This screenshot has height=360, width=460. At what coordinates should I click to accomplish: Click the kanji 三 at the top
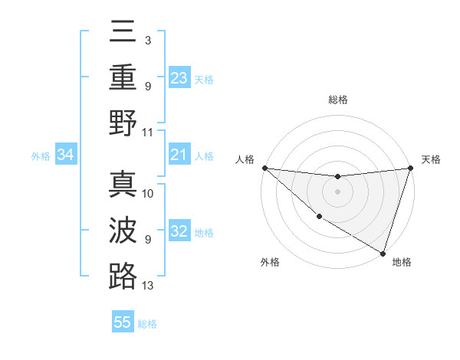(123, 33)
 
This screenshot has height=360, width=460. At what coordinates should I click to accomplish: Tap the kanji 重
(123, 77)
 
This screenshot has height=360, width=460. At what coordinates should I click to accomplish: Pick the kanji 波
(123, 231)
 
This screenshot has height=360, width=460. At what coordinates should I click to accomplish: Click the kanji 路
(123, 276)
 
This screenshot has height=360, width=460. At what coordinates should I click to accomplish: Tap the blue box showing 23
(179, 78)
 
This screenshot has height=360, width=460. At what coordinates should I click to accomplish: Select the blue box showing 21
(179, 155)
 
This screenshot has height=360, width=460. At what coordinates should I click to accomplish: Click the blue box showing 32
(179, 232)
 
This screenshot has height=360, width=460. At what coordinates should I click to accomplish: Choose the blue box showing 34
(66, 155)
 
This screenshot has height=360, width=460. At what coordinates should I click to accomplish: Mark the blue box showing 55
(123, 322)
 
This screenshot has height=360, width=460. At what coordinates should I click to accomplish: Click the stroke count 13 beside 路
(148, 286)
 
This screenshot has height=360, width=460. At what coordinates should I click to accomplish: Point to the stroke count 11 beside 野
(148, 132)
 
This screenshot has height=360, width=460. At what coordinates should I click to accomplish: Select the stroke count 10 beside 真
(148, 194)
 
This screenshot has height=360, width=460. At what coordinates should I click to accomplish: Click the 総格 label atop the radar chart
(338, 100)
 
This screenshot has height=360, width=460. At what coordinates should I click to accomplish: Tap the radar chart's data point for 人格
(264, 167)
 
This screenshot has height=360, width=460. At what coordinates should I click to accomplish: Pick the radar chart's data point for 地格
(382, 252)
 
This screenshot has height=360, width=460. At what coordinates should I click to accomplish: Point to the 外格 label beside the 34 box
(41, 156)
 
